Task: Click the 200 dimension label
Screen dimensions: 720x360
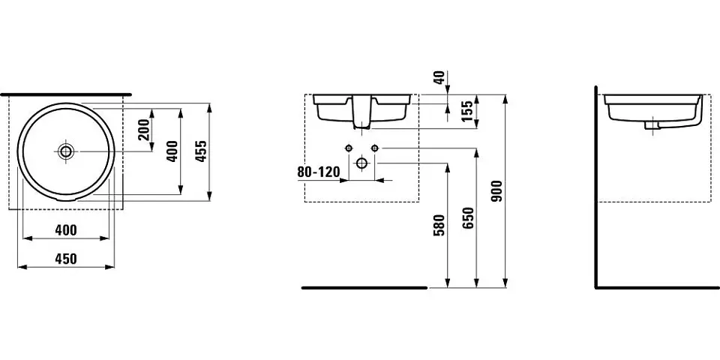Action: click(144, 129)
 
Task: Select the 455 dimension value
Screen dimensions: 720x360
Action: click(201, 151)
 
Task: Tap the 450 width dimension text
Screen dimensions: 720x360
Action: click(66, 259)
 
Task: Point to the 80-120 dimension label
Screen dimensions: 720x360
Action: click(319, 172)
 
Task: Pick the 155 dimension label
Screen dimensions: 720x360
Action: click(467, 111)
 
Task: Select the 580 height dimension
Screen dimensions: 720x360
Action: click(439, 225)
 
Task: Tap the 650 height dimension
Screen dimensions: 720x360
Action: click(468, 218)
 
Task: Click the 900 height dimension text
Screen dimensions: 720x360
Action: click(496, 191)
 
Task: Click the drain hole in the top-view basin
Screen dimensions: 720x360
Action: click(66, 151)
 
